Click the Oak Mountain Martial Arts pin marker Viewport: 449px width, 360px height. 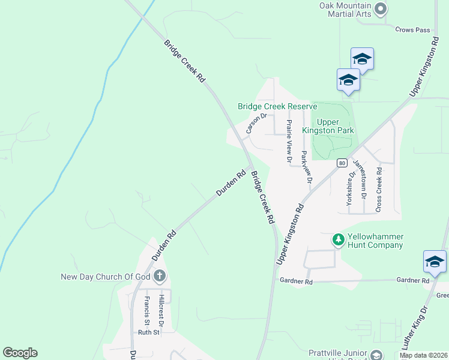[380, 8]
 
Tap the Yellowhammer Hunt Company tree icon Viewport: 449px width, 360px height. [339, 240]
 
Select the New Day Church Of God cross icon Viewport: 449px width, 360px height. [159, 276]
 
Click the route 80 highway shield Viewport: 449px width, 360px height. [342, 163]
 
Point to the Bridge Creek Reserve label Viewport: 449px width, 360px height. [277, 106]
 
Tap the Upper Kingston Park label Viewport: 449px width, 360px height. [336, 126]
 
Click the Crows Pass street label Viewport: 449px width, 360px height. [413, 29]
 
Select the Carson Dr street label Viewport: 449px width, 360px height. [256, 124]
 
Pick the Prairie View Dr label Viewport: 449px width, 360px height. [289, 142]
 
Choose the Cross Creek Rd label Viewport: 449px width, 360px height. [378, 189]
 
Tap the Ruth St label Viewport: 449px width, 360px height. [149, 332]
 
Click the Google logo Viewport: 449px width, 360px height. [20, 353]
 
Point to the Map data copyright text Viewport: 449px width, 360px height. [423, 355]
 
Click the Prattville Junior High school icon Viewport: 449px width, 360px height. [376, 355]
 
